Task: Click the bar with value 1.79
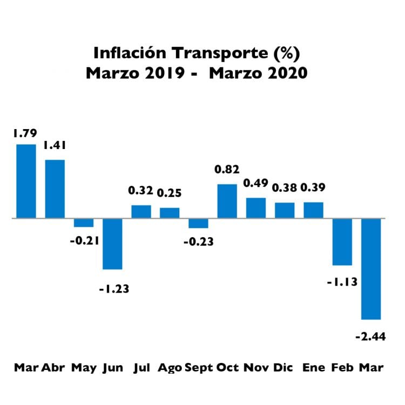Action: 26,181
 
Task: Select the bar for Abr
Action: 55,189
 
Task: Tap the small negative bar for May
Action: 84,223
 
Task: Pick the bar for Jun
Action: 112,244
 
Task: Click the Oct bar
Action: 227,201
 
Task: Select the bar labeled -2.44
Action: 371,269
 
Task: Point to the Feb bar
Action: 342,242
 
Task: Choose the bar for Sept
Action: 198,224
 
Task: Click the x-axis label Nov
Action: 256,368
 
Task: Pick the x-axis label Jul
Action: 142,368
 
